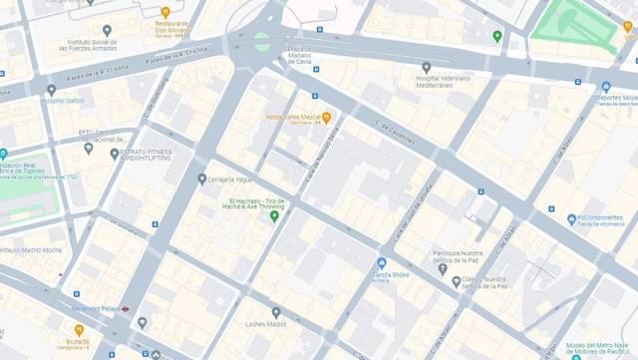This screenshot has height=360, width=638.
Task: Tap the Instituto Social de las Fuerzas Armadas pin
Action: click(107, 31)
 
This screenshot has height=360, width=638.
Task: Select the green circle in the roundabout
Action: click(261, 41)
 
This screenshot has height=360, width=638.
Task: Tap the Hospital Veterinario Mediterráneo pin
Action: click(426, 68)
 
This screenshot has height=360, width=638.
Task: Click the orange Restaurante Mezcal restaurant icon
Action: click(326, 118)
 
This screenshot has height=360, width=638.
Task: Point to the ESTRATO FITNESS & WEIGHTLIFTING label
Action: click(146, 154)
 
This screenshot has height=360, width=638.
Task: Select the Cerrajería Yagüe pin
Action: click(201, 180)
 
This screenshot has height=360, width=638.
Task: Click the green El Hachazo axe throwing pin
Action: click(274, 215)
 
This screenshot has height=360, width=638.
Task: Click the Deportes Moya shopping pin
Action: click(606, 87)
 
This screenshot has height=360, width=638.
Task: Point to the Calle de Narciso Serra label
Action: click(321, 156)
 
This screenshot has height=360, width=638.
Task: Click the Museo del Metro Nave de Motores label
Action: click(598, 348)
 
